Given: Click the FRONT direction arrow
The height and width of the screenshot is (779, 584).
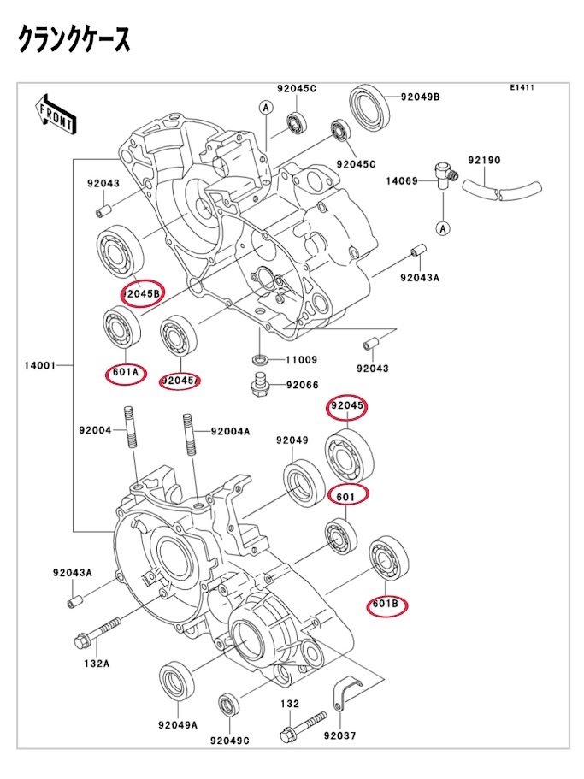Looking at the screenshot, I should point(54,115).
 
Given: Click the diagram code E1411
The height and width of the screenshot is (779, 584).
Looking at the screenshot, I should point(522,88).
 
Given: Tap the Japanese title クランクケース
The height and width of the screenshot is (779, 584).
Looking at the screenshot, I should point(74,40).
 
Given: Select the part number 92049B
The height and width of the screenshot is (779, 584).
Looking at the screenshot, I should point(421,97).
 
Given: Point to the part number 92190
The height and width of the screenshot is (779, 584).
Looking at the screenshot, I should point(484,160).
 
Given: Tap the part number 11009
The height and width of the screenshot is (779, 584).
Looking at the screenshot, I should point(302,360).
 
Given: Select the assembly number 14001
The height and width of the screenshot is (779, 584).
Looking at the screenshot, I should point(39,365).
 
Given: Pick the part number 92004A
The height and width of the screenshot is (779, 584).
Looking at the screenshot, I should point(230,431).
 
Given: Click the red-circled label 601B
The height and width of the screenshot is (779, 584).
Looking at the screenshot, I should point(386,605).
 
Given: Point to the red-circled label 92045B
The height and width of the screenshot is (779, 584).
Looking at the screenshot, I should point(141,294).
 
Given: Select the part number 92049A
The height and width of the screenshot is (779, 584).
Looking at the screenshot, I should point(177,724).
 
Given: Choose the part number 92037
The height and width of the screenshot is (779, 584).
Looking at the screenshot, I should point(341,735).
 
